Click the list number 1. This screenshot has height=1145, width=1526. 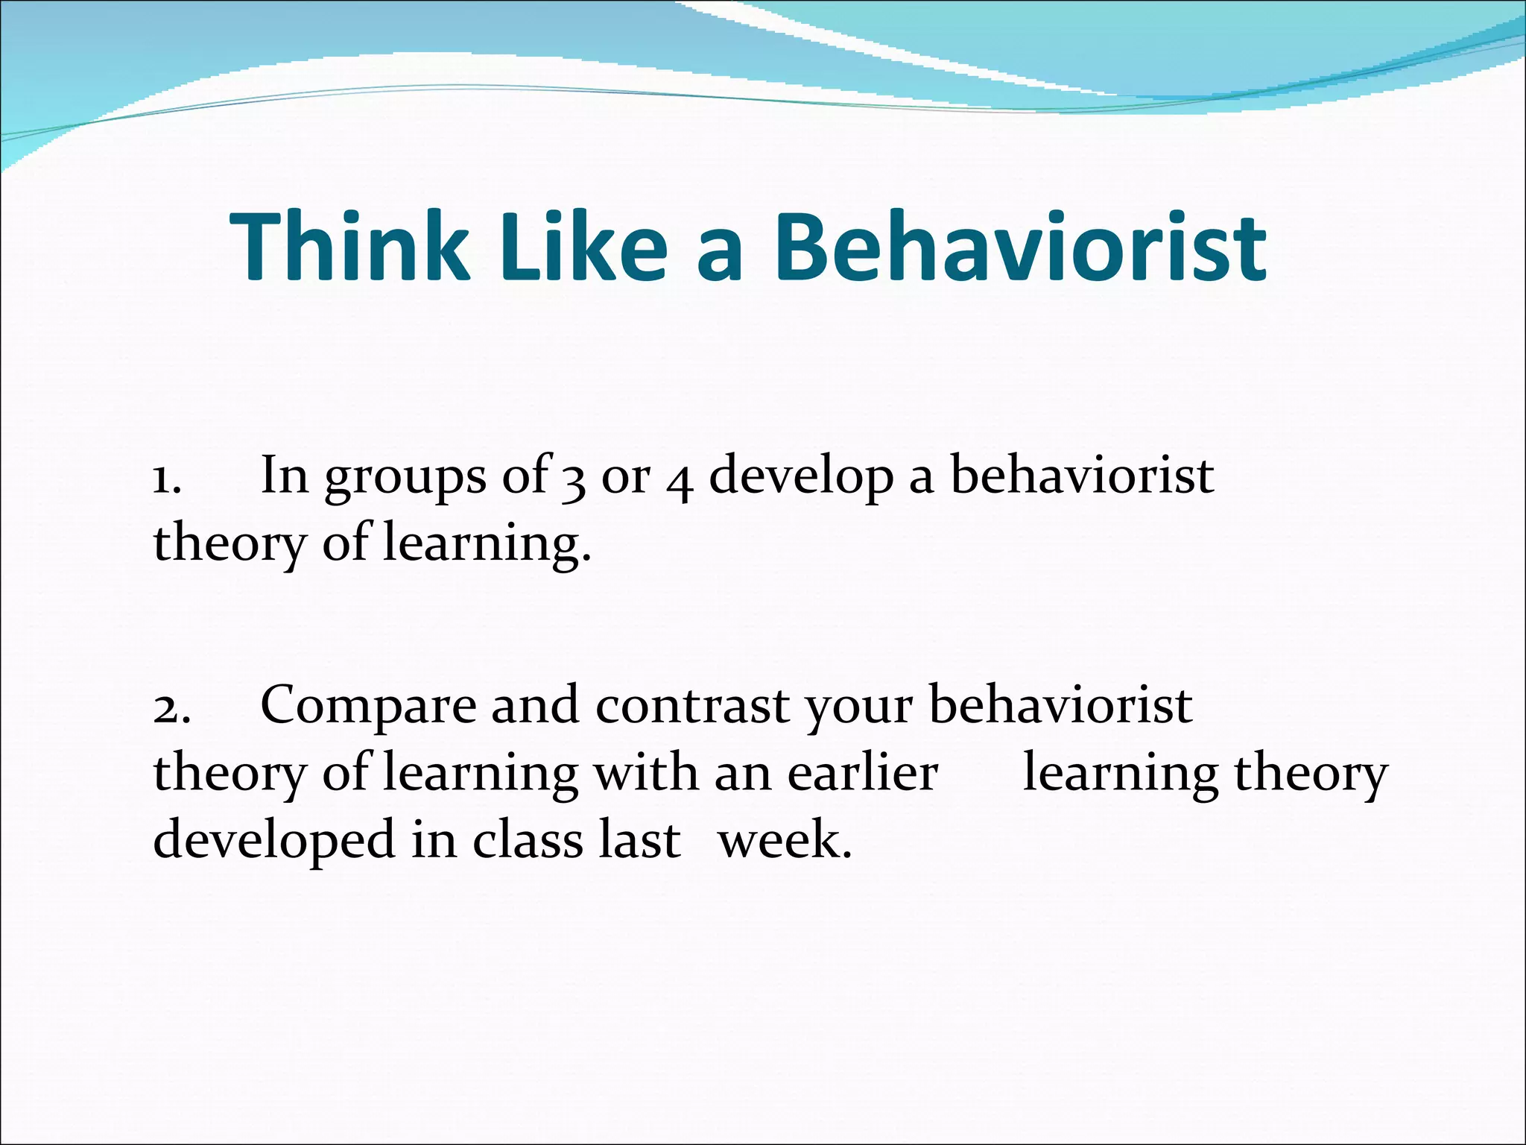pyautogui.click(x=166, y=478)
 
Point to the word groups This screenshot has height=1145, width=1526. pyautogui.click(x=405, y=478)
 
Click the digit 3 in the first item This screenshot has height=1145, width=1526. pyautogui.click(x=573, y=481)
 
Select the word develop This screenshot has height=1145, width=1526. pyautogui.click(x=800, y=478)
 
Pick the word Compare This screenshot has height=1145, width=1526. pyautogui.click(x=368, y=707)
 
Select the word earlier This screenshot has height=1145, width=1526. pyautogui.click(x=862, y=773)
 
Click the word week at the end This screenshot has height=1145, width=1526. pyautogui.click(x=784, y=840)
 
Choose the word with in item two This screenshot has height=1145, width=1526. pyautogui.click(x=645, y=773)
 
